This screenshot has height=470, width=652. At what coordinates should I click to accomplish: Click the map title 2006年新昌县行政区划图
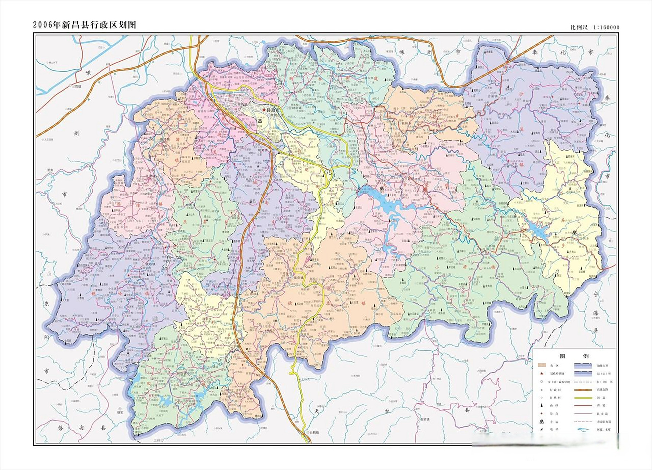(85, 25)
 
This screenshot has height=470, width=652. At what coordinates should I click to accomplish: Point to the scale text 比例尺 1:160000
(595, 27)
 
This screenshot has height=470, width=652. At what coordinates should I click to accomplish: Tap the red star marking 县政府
(264, 110)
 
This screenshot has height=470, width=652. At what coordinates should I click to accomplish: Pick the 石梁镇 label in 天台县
(425, 419)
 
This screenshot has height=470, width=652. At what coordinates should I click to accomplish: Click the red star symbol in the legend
(541, 374)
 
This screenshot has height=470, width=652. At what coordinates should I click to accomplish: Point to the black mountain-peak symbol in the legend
(541, 406)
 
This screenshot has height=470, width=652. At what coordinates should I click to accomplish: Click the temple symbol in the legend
(541, 422)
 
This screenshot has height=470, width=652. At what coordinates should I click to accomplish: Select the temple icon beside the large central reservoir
(381, 189)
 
